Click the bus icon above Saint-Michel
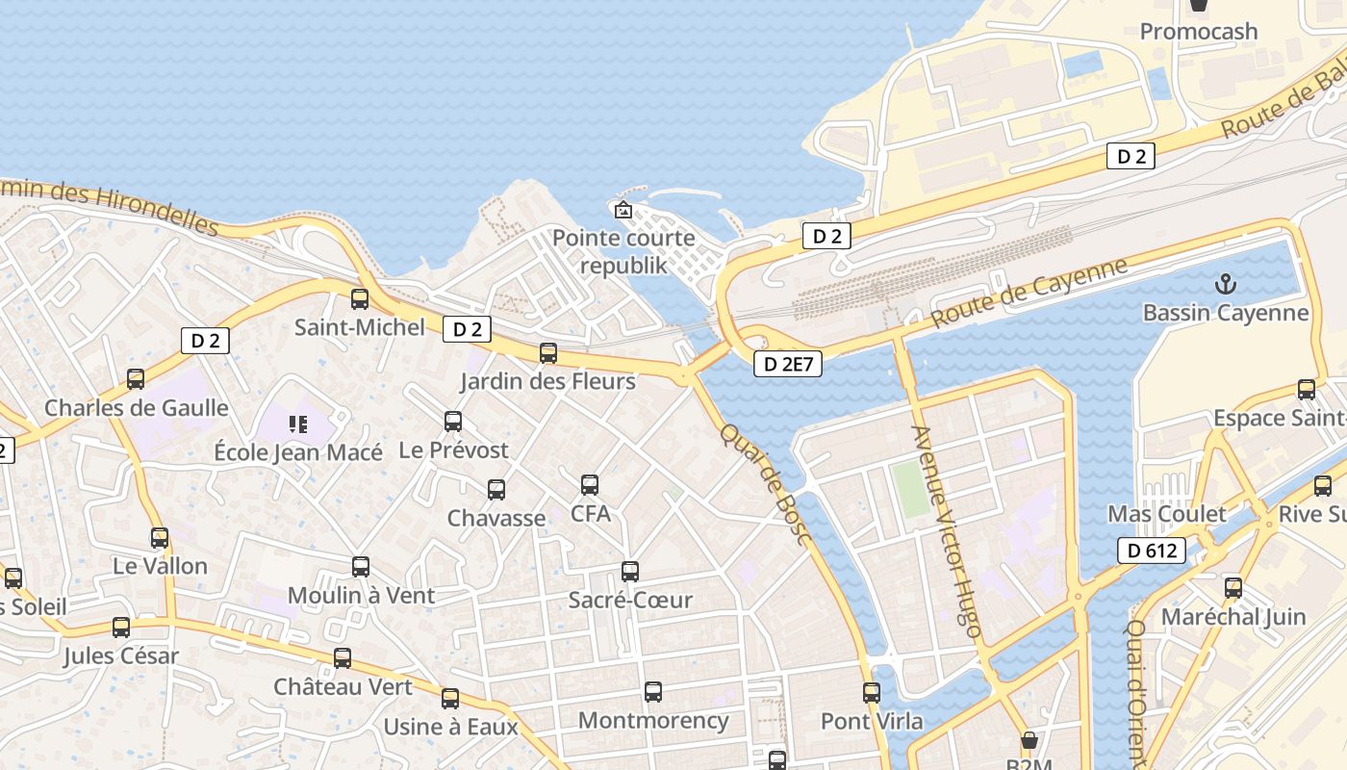coord(360,299)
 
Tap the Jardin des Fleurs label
coord(547,381)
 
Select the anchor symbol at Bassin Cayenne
coord(1226,284)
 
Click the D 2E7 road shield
coord(787,364)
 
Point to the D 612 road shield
coord(1151,551)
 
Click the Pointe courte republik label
coord(623,251)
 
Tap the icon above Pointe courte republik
coord(623,209)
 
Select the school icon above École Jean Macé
coord(298,423)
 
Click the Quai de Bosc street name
coord(766,484)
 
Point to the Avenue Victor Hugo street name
coord(947,531)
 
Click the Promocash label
coord(1198,32)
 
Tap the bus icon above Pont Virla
coord(872,692)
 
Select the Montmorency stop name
coord(653,720)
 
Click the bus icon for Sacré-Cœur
coord(630,572)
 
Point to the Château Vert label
coord(343,687)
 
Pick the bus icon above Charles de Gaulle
coord(136,379)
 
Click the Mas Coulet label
coord(1167,514)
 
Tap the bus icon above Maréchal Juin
coord(1233,588)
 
